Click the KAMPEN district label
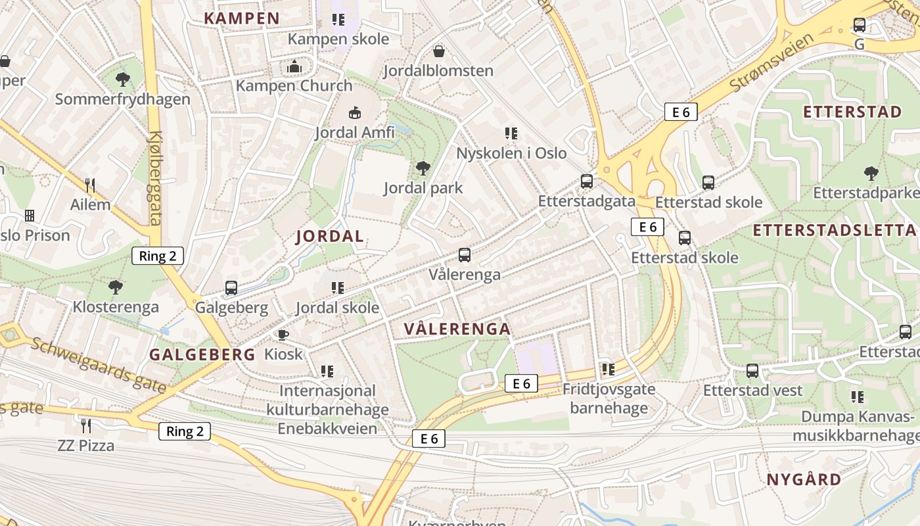point(242,18)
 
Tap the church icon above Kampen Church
point(294,66)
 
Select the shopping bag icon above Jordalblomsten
point(438,51)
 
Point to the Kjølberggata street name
point(155,178)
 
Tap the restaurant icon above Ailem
point(90,185)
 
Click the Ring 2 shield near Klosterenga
point(158,256)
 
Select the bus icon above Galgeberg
point(231,288)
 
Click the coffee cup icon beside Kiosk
point(283,335)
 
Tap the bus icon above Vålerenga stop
point(465,255)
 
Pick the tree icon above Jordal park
point(423,168)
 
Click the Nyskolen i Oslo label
point(511,153)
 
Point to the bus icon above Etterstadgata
point(587,181)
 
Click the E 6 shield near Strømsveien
point(680,112)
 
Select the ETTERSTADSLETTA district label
point(834,230)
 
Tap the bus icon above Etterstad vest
point(752,371)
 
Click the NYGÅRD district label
point(804,479)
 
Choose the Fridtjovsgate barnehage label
point(609,398)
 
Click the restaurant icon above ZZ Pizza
point(85,426)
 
